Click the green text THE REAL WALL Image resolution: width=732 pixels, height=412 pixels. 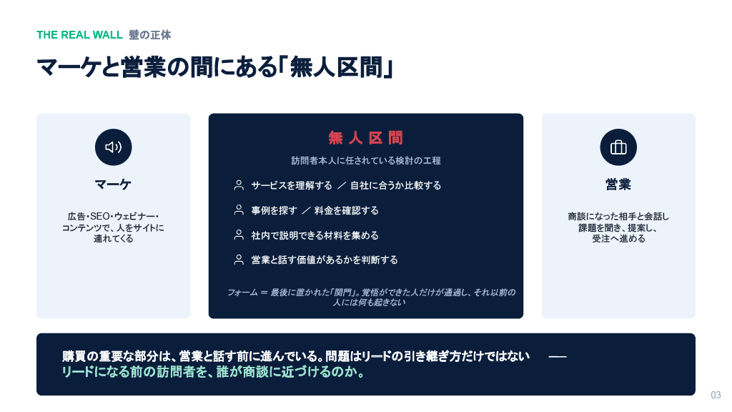pyautogui.click(x=79, y=35)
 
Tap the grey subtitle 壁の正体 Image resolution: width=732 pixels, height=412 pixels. pyautogui.click(x=150, y=35)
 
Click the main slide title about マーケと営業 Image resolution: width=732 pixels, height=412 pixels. pyautogui.click(x=214, y=67)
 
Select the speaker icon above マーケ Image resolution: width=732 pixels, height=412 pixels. pyautogui.click(x=114, y=147)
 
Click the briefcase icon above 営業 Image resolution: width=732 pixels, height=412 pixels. pyautogui.click(x=618, y=147)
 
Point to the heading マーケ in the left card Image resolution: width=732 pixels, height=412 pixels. pyautogui.click(x=113, y=184)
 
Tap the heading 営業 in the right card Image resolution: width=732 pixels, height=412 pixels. pyautogui.click(x=618, y=184)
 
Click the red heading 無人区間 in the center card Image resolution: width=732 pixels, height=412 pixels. pyautogui.click(x=365, y=138)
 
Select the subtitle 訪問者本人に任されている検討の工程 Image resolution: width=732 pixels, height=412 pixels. pyautogui.click(x=365, y=161)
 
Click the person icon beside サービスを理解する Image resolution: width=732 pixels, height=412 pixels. pyautogui.click(x=239, y=185)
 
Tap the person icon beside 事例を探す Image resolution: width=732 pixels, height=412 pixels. pyautogui.click(x=239, y=210)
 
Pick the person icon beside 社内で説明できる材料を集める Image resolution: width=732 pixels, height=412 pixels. pyautogui.click(x=239, y=235)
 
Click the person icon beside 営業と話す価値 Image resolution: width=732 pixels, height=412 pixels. pyautogui.click(x=239, y=260)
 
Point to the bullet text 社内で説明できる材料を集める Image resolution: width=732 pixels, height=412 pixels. pyautogui.click(x=315, y=235)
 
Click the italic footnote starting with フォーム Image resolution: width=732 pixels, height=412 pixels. pyautogui.click(x=371, y=297)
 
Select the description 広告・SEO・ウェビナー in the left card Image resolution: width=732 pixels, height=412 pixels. pyautogui.click(x=113, y=227)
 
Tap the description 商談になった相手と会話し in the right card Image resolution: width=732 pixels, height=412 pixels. pyautogui.click(x=618, y=227)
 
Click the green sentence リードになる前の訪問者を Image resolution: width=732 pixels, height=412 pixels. pyautogui.click(x=213, y=372)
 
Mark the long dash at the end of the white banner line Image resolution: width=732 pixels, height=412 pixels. pyautogui.click(x=558, y=357)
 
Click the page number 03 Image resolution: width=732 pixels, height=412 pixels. pyautogui.click(x=716, y=395)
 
